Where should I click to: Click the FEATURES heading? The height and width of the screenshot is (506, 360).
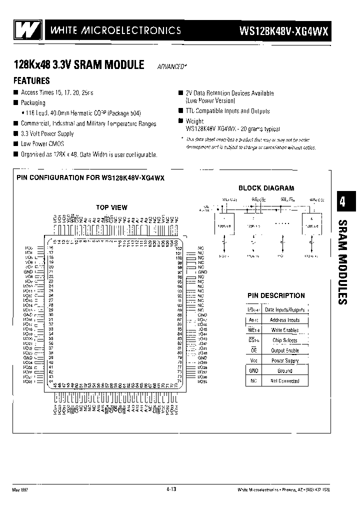tap(31, 80)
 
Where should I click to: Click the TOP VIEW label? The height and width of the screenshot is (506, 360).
tap(111, 207)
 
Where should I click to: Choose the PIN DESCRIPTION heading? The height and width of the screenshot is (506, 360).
tap(275, 295)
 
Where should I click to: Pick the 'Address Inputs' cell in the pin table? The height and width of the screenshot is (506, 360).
tap(284, 320)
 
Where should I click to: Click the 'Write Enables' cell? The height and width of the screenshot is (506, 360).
tap(284, 330)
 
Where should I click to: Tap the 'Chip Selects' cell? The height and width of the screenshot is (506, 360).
tap(284, 340)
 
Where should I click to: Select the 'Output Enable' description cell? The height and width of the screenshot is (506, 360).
tap(284, 350)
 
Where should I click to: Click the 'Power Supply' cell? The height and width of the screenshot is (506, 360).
tap(284, 360)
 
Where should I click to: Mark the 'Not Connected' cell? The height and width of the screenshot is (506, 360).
tap(284, 381)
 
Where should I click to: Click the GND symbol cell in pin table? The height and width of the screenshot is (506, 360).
tap(253, 371)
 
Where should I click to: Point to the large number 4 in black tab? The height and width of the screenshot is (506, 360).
tap(342, 201)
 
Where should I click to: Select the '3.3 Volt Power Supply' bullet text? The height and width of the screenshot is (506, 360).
tap(47, 134)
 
